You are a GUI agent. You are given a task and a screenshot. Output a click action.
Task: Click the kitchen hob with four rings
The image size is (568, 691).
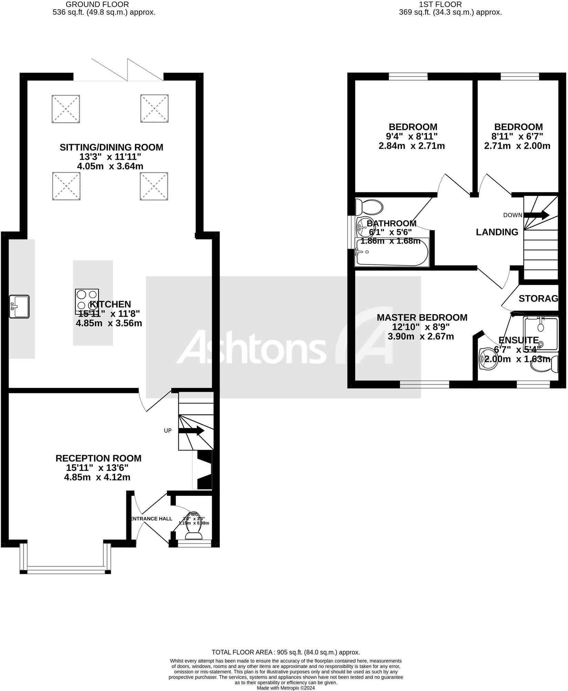pyautogui.click(x=87, y=301)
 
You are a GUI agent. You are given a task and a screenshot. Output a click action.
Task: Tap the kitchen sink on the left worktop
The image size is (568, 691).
pyautogui.click(x=20, y=306)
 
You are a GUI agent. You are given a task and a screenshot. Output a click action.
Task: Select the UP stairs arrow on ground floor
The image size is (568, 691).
pyautogui.click(x=191, y=431)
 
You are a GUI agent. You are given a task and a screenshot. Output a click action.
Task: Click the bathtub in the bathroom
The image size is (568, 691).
pyautogui.click(x=392, y=252)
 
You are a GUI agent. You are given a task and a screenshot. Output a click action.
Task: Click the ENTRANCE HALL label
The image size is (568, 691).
pyautogui.click(x=151, y=519)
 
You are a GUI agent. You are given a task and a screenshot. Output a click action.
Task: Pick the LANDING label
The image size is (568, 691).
pyautogui.click(x=497, y=232)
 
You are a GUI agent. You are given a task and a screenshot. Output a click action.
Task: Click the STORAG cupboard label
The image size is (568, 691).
pyautogui.click(x=538, y=299)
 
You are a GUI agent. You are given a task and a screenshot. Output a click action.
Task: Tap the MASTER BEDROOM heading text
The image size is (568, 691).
pyautogui.click(x=422, y=317)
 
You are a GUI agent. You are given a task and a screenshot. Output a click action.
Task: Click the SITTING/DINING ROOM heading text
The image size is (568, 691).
pyautogui.click(x=111, y=147)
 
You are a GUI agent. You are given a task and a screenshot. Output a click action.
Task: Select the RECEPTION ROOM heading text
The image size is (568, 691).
pyautogui.click(x=98, y=458)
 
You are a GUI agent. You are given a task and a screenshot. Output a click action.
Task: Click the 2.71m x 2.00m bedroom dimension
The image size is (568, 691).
pyautogui.click(x=517, y=146)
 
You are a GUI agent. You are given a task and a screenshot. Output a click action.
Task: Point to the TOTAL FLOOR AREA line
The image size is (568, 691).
pyautogui.click(x=286, y=652)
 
